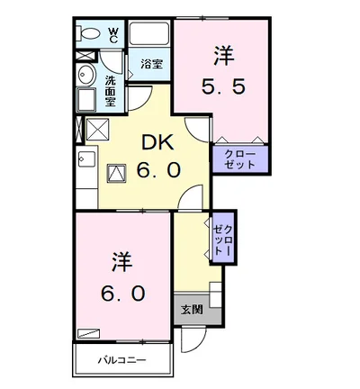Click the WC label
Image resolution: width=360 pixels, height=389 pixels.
(113, 34)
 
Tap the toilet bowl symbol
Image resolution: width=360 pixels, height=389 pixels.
(91, 33)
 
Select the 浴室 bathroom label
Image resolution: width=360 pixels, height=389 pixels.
(151, 64)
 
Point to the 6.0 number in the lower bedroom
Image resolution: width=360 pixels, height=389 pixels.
(122, 294)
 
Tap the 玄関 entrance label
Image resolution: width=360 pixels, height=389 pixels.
(191, 310)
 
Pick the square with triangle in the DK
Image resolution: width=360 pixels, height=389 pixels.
(117, 174)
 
